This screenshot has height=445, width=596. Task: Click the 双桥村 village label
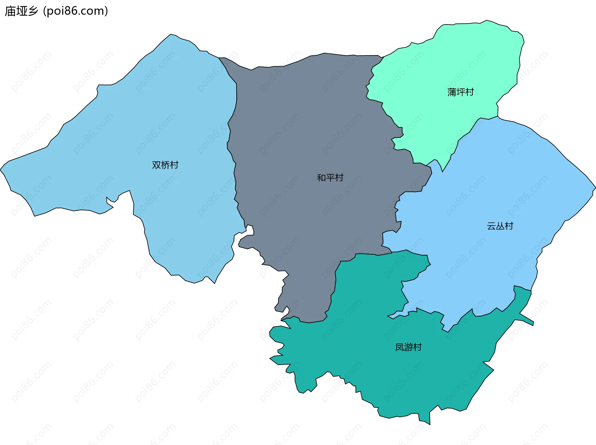pyautogui.click(x=165, y=165)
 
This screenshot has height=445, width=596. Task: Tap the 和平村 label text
pyautogui.click(x=330, y=178)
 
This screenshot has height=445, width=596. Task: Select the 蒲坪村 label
pyautogui.click(x=460, y=92)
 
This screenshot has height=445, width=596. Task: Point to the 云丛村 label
pyautogui.click(x=500, y=226)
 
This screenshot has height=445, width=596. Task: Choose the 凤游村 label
pyautogui.click(x=408, y=347)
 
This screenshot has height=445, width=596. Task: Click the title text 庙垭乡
pyautogui.click(x=21, y=11)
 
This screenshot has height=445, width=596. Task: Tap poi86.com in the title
pyautogui.click(x=75, y=11)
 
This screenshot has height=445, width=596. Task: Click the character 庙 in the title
pyautogui.click(x=10, y=11)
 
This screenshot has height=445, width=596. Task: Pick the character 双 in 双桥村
pyautogui.click(x=156, y=165)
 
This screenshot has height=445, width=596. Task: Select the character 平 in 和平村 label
pyautogui.click(x=330, y=178)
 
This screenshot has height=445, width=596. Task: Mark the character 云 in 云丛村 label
pyautogui.click(x=491, y=226)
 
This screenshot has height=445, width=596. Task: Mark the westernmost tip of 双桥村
pyautogui.click(x=1, y=170)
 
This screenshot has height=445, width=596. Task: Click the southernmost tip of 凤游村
pyautogui.click(x=430, y=424)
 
